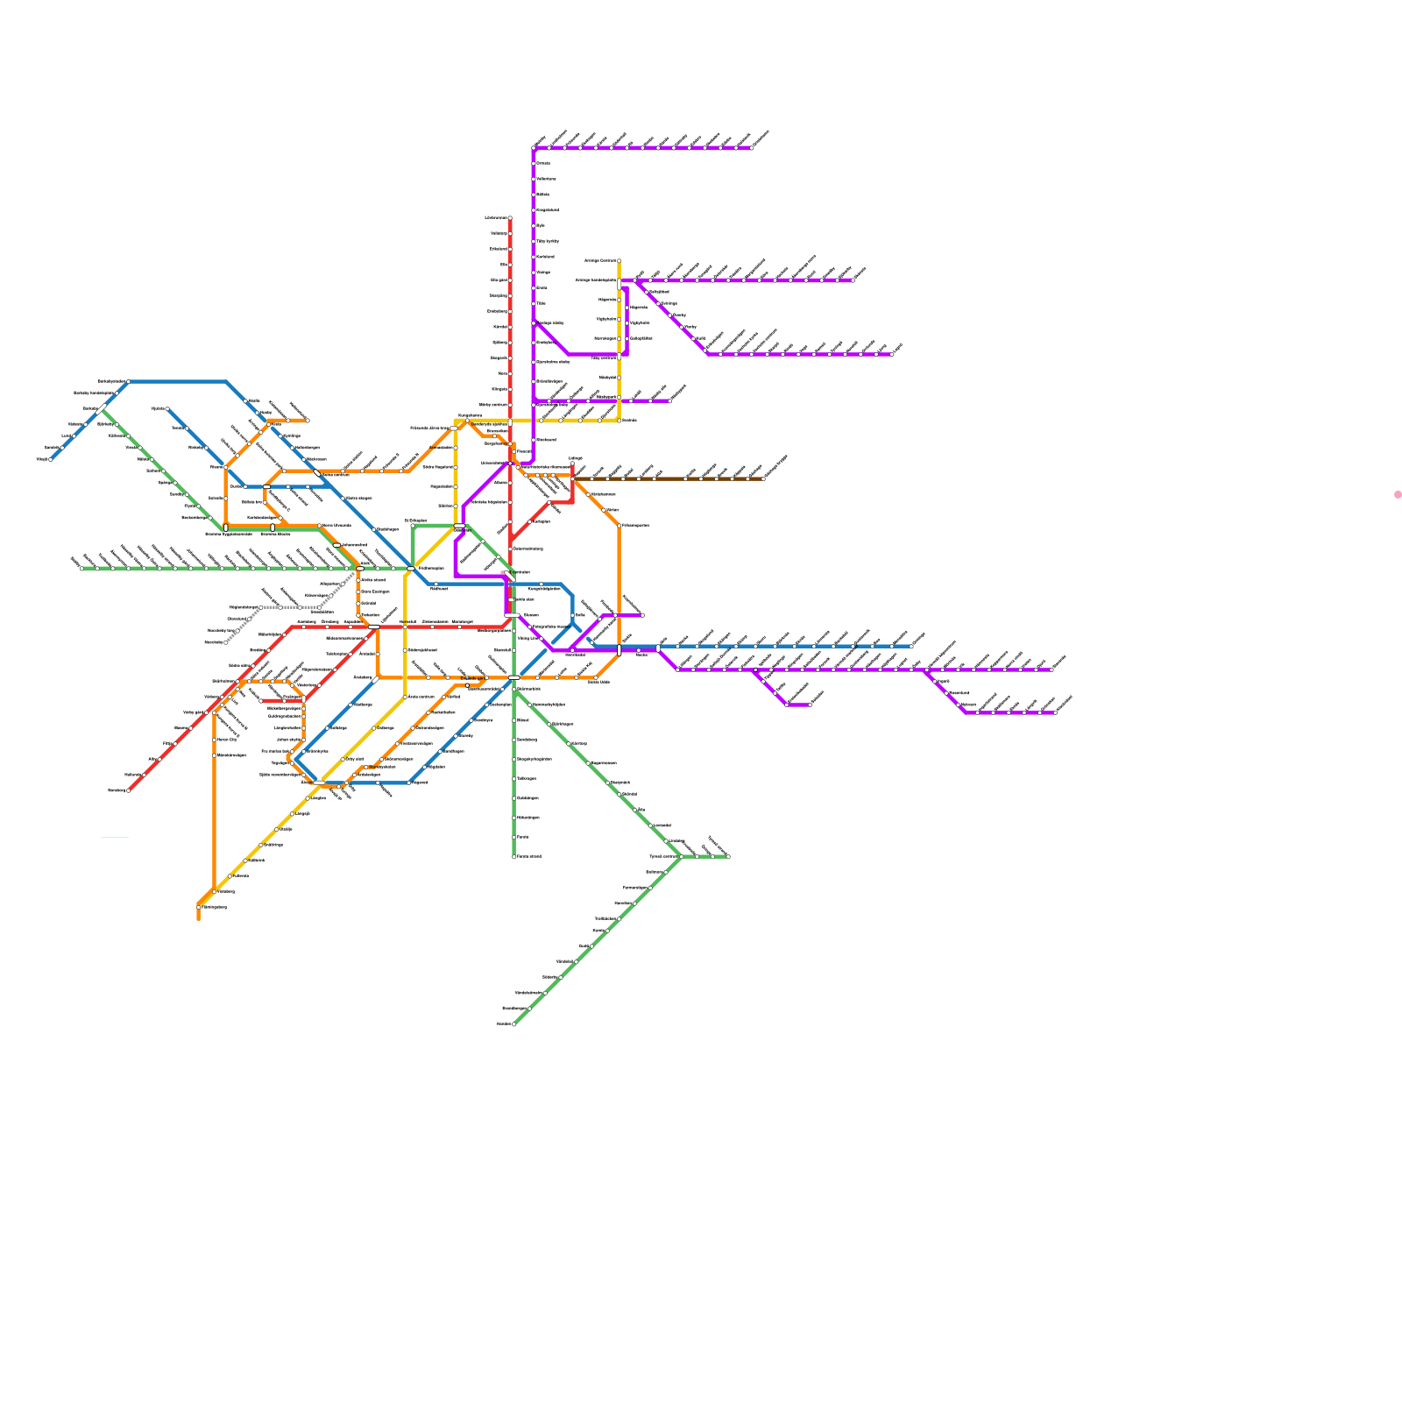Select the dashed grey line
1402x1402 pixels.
289,606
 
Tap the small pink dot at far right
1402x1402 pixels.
1398,495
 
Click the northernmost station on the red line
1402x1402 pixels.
510,218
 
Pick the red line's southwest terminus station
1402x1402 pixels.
129,790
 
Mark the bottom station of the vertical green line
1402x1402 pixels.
514,856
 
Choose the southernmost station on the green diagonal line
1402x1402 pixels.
514,1023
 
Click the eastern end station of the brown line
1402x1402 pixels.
763,479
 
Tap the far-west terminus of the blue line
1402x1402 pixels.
51,459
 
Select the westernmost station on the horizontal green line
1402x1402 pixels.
81,568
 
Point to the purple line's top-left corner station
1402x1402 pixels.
534,148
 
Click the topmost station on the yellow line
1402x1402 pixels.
620,261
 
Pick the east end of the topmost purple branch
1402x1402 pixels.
751,148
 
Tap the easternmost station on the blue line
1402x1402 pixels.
911,647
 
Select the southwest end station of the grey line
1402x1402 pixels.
226,642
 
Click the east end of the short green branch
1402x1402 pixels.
728,857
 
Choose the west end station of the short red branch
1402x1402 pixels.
261,701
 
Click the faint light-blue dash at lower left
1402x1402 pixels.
115,838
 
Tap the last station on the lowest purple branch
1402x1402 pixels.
1055,712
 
